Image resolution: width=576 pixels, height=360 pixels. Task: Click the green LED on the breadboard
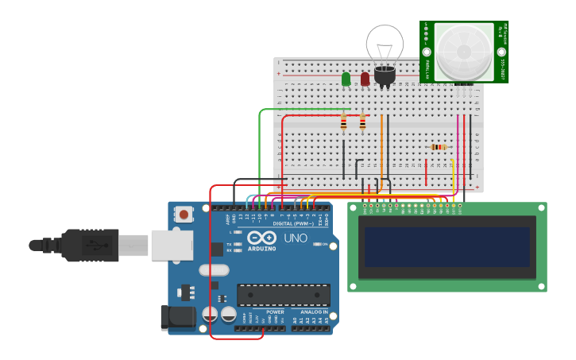click(346, 79)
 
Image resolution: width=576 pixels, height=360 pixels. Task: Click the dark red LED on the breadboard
click(365, 79)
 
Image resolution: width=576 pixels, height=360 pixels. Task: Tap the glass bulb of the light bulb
click(385, 43)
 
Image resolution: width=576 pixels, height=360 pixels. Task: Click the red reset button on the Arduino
click(184, 214)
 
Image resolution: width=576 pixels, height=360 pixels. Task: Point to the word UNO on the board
click(296, 238)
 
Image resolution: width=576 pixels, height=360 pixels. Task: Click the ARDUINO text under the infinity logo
click(261, 249)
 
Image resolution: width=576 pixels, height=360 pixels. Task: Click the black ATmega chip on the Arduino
click(283, 296)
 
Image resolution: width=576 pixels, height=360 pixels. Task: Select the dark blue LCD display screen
click(447, 246)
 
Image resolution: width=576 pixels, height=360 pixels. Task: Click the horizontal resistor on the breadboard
click(438, 147)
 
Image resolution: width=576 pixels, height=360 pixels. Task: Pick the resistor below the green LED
click(343, 122)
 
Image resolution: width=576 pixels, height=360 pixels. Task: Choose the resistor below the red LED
click(362, 122)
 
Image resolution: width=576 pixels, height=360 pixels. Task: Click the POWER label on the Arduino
click(275, 312)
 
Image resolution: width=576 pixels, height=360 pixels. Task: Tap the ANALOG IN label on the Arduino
click(313, 312)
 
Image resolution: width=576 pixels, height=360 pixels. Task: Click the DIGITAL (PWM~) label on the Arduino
click(289, 224)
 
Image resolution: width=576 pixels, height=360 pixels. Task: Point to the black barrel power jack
click(177, 317)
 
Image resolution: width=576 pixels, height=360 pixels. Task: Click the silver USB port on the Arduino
click(172, 245)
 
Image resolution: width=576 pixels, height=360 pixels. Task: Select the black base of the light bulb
click(385, 75)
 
